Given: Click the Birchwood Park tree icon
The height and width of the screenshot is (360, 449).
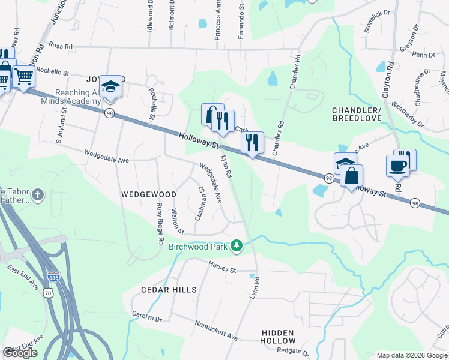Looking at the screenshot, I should click(238, 245).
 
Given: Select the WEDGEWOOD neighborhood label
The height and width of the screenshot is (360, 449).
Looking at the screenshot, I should click(149, 194).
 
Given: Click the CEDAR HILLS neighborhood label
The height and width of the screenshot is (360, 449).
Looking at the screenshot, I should click(169, 290).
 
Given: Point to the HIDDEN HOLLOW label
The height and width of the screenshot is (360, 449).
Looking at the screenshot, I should click(278, 337).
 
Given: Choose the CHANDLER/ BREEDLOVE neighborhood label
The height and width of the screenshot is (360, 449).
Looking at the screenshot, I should click(357, 115).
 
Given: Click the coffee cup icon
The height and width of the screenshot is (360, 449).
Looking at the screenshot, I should click(397, 165).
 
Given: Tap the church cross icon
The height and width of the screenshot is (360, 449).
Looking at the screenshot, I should click(37, 194).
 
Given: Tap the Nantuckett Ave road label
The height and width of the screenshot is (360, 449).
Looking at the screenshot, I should click(216, 331).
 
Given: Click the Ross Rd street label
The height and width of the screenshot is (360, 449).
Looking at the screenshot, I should click(60, 46).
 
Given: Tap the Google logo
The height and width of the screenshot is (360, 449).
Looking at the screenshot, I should click(20, 353).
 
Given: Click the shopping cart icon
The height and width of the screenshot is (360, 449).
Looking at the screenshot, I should click(23, 76).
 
